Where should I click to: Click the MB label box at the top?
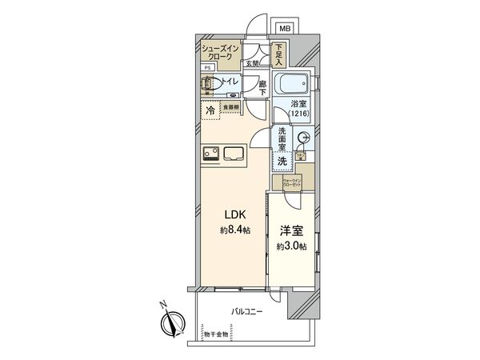pyautogui.click(x=284, y=25)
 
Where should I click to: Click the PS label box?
pyautogui.click(x=206, y=69)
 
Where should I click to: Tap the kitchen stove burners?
pyautogui.click(x=210, y=154)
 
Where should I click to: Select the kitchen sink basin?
pyautogui.click(x=238, y=153)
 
